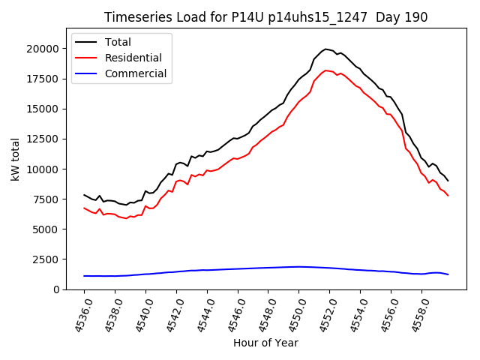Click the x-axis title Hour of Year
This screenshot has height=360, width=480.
(x=265, y=343)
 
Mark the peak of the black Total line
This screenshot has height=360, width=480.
(x=325, y=49)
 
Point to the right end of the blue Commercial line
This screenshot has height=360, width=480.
(x=448, y=274)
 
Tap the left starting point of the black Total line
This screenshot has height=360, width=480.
(x=85, y=195)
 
